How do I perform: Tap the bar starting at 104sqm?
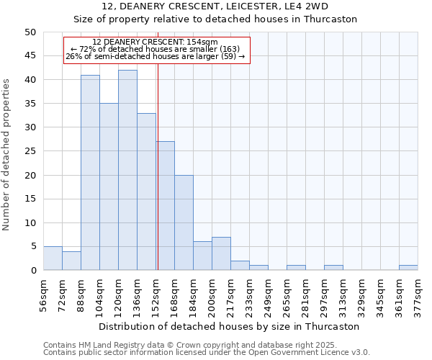point(109,187)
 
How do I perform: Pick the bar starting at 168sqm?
point(184,222)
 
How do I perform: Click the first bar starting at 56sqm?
point(53,258)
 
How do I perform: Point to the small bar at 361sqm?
point(408,268)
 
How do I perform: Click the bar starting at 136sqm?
point(146,192)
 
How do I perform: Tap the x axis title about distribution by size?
point(230,326)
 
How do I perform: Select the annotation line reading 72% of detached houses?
point(156,49)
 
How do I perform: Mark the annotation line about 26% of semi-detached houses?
point(156,56)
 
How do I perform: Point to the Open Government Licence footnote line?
point(206,353)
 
